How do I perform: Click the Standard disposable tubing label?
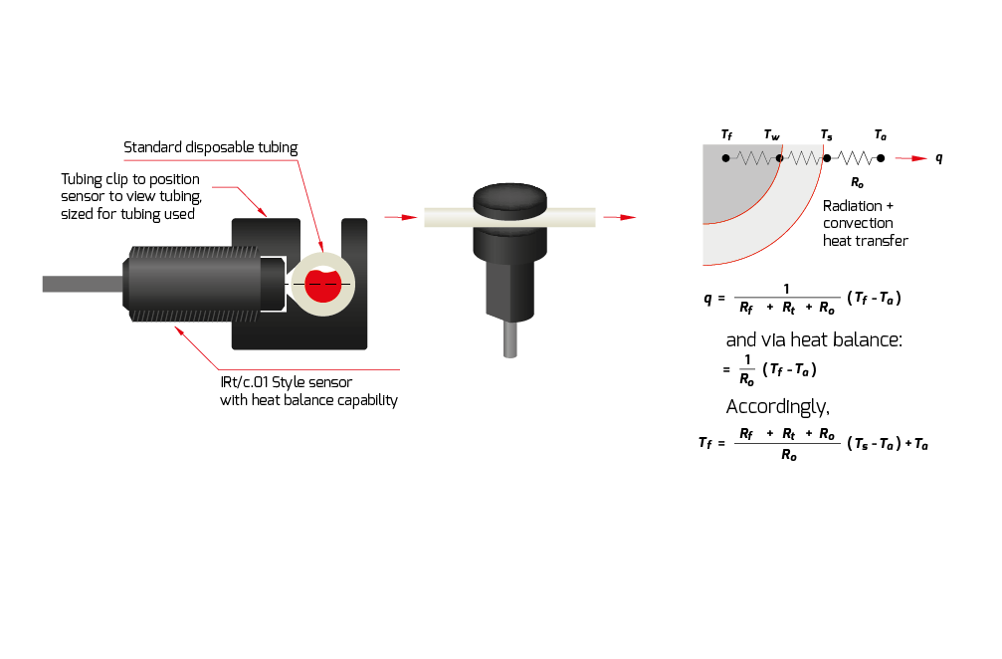(210, 148)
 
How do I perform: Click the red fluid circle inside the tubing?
(322, 285)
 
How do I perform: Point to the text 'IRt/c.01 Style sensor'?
(287, 382)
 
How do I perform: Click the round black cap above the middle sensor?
(510, 199)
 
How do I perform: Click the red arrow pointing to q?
(909, 158)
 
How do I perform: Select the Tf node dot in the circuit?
(726, 158)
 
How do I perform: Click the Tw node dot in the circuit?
(779, 158)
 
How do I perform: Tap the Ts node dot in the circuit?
(827, 158)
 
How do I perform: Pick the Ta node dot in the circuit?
(881, 158)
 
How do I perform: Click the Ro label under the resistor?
(857, 182)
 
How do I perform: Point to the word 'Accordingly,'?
(777, 406)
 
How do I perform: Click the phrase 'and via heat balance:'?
(814, 339)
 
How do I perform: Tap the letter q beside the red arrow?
(939, 158)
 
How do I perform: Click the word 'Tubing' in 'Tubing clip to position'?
(82, 179)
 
